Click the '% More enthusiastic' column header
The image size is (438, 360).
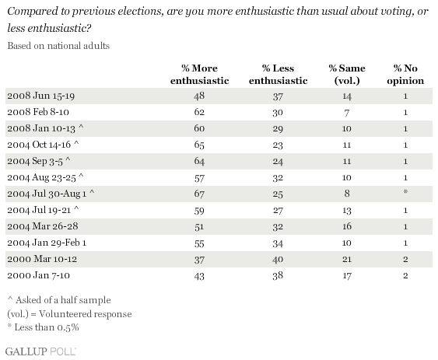199,75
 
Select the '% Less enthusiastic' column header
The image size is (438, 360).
279,75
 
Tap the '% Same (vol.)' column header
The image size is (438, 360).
347,75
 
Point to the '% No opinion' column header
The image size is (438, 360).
405,75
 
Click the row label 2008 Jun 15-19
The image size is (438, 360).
41,96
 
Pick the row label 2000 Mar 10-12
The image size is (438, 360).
42,259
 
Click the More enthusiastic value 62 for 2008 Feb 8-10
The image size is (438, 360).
199,112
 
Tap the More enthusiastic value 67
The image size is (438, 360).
199,194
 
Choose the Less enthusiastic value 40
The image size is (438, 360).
278,259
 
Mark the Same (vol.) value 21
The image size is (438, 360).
347,259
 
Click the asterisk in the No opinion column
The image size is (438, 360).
405,192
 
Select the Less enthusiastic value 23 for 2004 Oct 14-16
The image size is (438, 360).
278,145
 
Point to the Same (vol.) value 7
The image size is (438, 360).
347,113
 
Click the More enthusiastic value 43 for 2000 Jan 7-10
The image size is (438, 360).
199,276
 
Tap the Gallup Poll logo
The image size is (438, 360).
40,351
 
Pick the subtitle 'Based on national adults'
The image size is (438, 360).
58,46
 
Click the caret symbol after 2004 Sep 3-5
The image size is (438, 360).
68,159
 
